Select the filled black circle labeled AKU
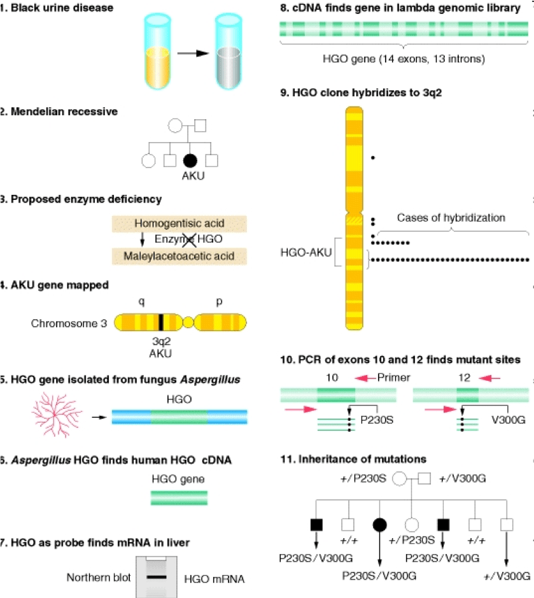[190, 161]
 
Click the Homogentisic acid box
[180, 224]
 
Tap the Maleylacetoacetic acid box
[180, 256]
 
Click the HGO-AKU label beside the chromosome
[306, 253]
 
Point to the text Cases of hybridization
[451, 218]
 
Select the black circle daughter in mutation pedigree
[380, 525]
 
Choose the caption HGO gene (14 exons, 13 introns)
[404, 59]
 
